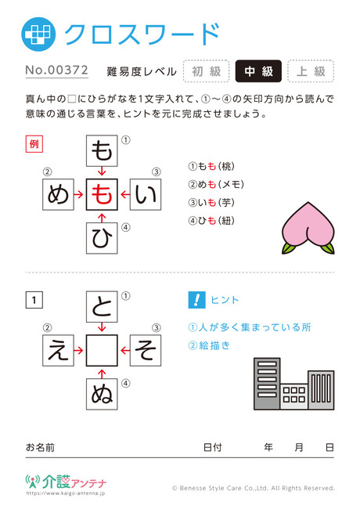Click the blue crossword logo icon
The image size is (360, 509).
38,34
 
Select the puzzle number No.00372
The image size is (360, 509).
57,70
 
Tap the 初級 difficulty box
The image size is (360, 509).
207,71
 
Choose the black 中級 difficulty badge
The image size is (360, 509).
258,71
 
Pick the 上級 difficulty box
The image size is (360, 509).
311,71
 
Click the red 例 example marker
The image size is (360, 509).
34,144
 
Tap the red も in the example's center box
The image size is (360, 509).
102,194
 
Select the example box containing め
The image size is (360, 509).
59,194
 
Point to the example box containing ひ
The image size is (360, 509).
102,238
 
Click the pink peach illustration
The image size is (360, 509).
308,228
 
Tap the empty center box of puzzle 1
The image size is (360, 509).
102,351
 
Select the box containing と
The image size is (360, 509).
102,307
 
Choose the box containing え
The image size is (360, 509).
59,351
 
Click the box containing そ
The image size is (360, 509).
146,351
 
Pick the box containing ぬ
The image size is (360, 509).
102,394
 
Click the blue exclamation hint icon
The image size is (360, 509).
196,300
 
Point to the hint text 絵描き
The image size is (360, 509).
214,345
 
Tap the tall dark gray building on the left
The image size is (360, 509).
267,384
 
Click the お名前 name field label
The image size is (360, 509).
40,448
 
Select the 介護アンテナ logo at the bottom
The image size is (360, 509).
66,482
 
